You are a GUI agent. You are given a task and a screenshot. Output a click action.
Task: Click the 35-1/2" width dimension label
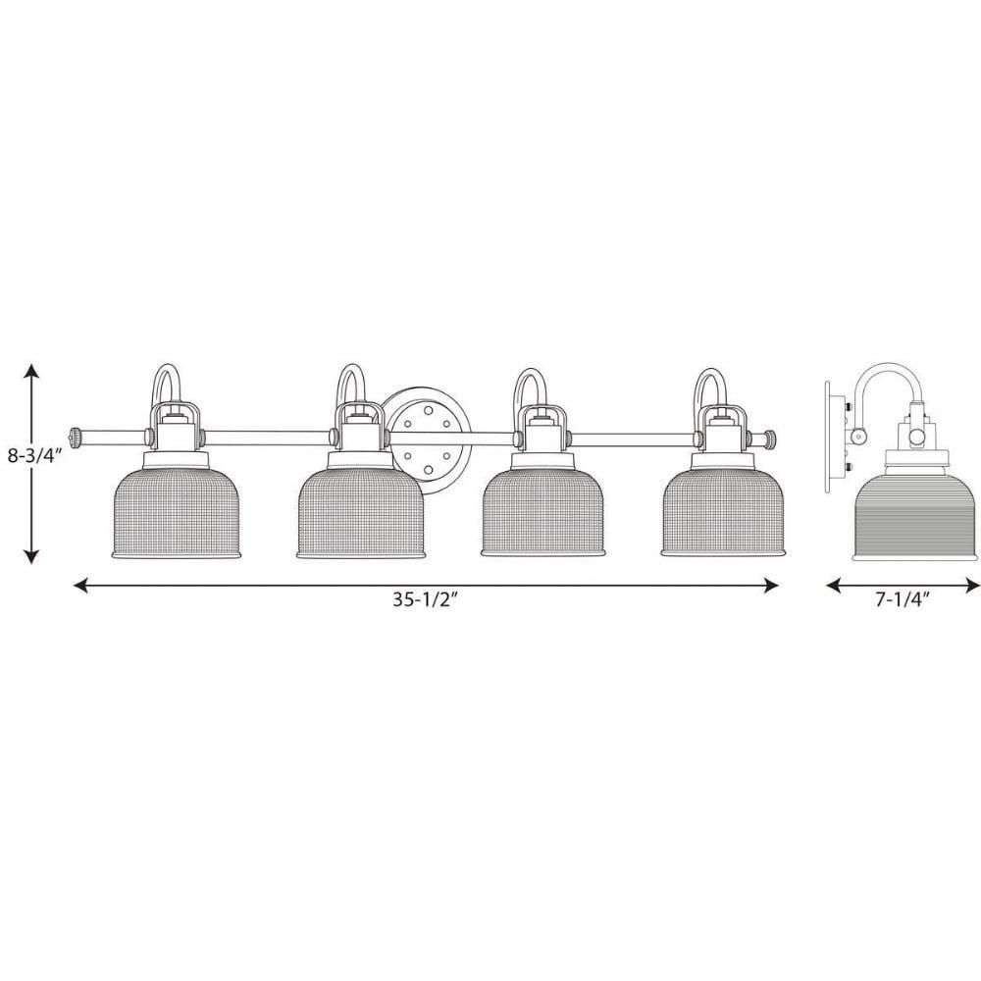pos(426,599)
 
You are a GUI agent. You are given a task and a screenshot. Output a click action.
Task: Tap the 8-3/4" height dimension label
pos(36,455)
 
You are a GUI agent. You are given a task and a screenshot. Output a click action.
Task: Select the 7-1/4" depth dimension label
pos(902,599)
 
